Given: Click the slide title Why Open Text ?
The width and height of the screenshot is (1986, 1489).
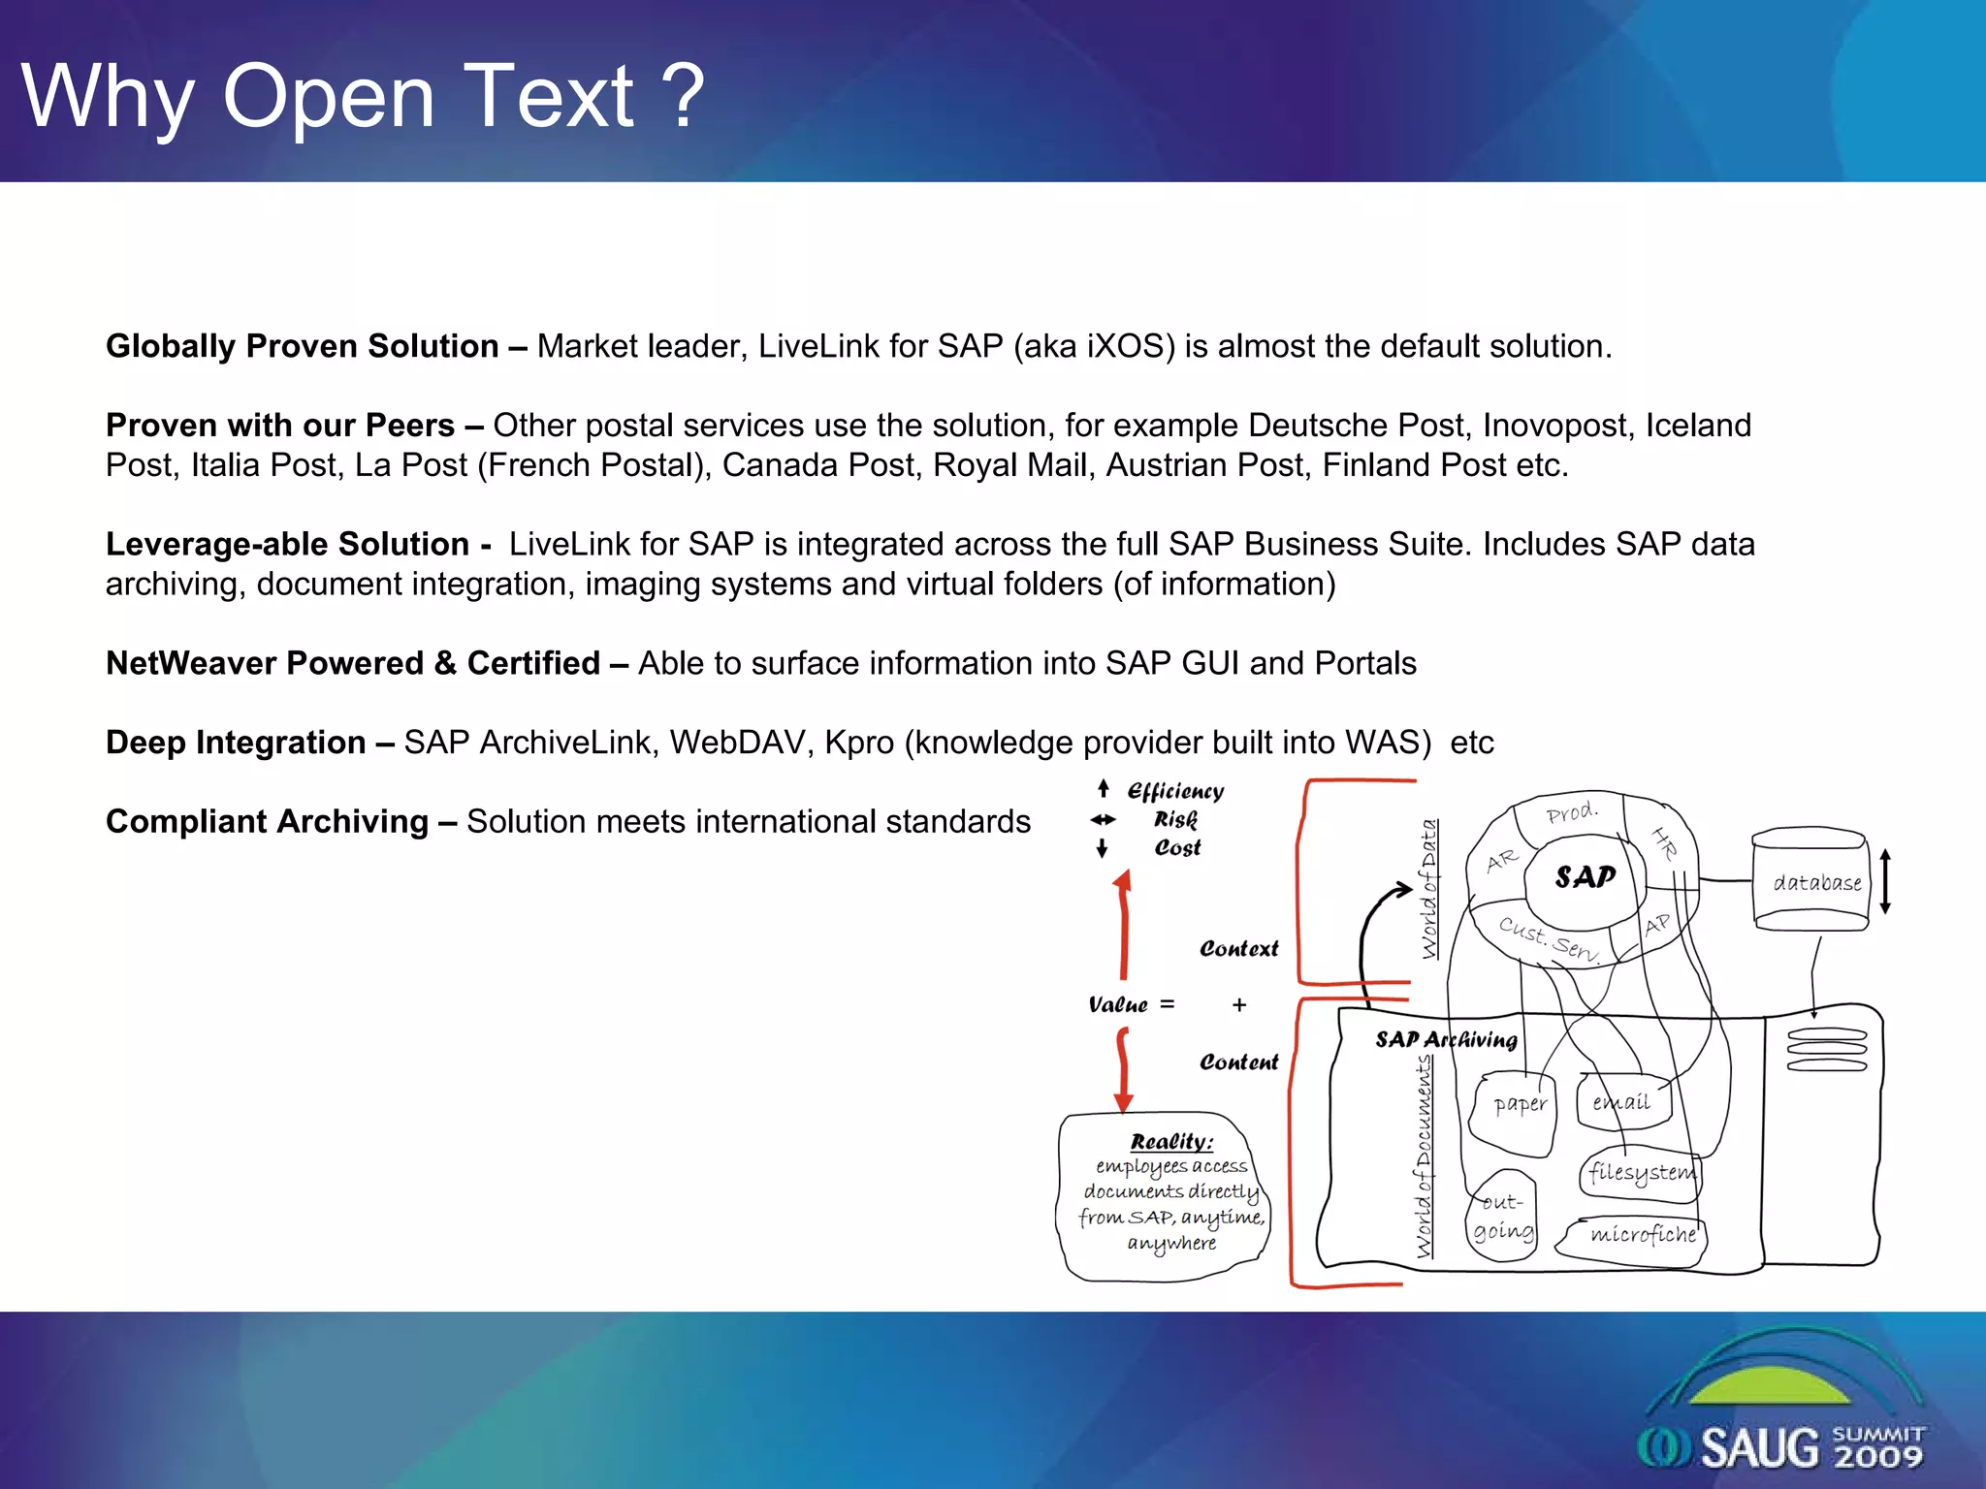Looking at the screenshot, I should pyautogui.click(x=363, y=97).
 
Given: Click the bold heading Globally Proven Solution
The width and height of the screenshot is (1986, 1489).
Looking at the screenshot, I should pyautogui.click(x=302, y=346).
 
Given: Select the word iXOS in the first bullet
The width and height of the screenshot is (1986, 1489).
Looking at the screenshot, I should pyautogui.click(x=1124, y=346).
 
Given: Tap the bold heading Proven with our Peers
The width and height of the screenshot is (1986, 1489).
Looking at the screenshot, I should pyautogui.click(x=280, y=426).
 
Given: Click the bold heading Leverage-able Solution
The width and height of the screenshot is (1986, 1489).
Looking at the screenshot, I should pyautogui.click(x=287, y=545).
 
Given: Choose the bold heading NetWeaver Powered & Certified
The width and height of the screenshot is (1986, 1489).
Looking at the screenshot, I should pyautogui.click(x=353, y=663).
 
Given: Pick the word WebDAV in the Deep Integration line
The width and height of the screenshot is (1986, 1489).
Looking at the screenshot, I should pyautogui.click(x=741, y=743).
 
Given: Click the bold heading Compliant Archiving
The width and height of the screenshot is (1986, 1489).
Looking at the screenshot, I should pyautogui.click(x=267, y=822).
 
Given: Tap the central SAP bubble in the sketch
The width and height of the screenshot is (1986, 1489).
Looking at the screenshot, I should pyautogui.click(x=1585, y=877).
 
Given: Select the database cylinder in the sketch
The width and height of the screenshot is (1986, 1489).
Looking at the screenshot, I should pyautogui.click(x=1811, y=880).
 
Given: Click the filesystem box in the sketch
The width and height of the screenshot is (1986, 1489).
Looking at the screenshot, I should pyautogui.click(x=1641, y=1173).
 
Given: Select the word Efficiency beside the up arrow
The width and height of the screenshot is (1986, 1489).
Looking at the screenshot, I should pyautogui.click(x=1175, y=792).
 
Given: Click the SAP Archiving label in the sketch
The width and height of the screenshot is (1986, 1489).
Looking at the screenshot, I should pyautogui.click(x=1445, y=1040).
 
